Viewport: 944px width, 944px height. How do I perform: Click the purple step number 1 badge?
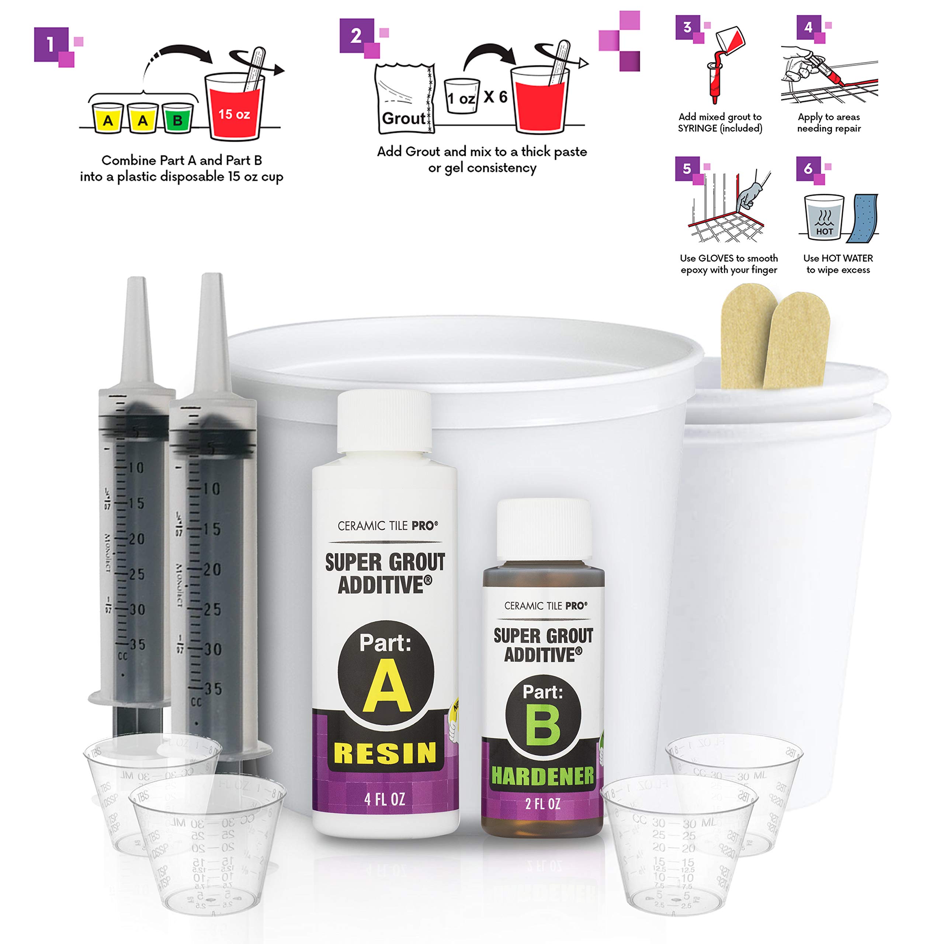pos(50,45)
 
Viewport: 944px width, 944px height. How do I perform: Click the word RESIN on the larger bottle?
pos(385,753)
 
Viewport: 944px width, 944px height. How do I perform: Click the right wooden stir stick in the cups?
pos(797,337)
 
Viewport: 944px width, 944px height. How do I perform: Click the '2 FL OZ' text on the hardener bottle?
pos(542,804)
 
